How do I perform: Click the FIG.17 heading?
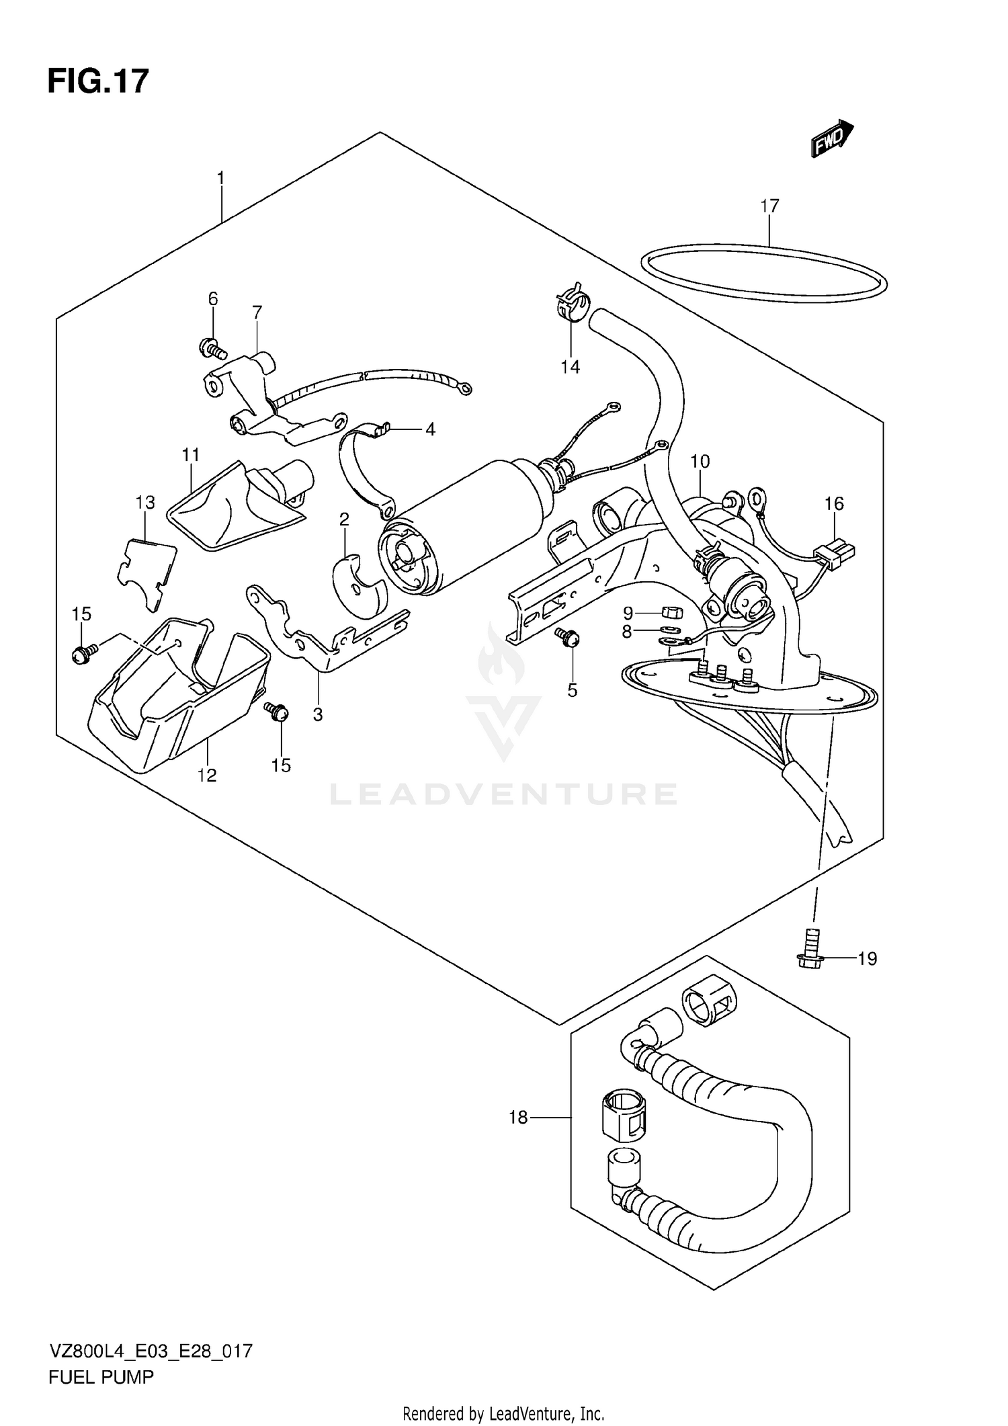tap(98, 81)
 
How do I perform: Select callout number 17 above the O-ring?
tap(769, 206)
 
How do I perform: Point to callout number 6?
tap(213, 298)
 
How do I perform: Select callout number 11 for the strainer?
tap(191, 455)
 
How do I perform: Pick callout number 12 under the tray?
tap(207, 775)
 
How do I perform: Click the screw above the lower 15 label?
tap(276, 710)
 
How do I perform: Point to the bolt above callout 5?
tap(568, 636)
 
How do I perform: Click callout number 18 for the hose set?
tap(518, 1118)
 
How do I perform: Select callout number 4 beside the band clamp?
tap(430, 429)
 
